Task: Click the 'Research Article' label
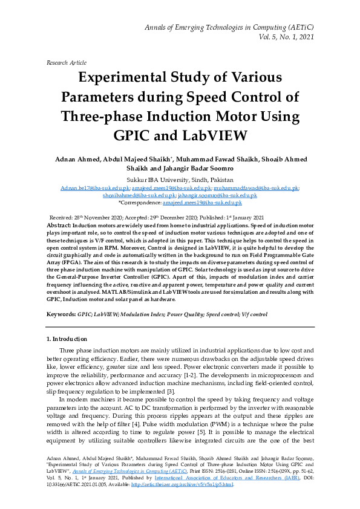tap(66, 62)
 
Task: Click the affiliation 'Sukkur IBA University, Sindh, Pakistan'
tap(180, 180)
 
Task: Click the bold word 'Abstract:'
tap(60, 224)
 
